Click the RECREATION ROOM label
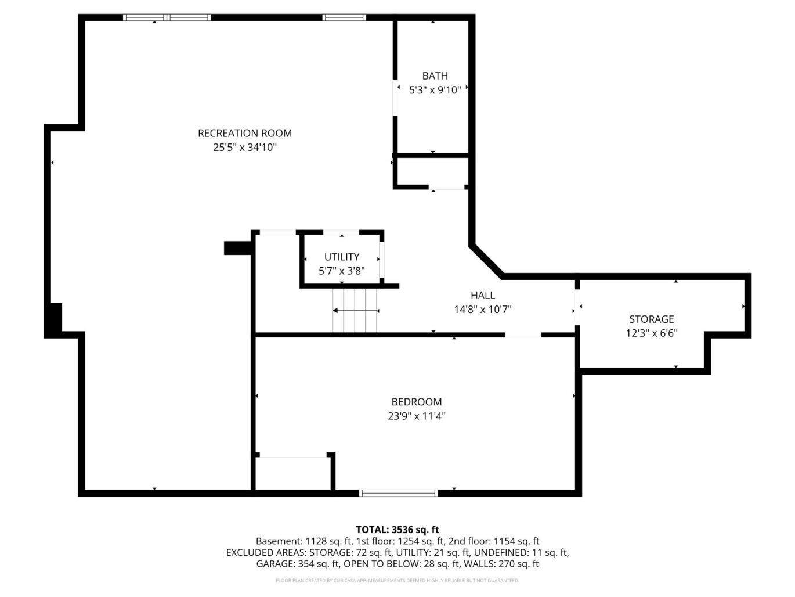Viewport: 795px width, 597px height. tap(244, 133)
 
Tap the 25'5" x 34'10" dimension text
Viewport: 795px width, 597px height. tap(244, 148)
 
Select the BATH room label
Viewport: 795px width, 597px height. tap(435, 76)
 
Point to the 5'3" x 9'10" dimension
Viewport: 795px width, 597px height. tap(435, 90)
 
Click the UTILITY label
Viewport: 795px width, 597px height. tap(342, 257)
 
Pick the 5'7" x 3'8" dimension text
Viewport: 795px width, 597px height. tap(342, 271)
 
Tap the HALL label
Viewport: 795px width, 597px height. tap(482, 296)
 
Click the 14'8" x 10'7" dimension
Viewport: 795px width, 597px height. tap(482, 310)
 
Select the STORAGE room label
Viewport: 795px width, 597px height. tap(651, 319)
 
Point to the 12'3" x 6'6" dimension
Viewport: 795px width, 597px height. tap(651, 333)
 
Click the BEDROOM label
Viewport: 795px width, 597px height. tap(416, 402)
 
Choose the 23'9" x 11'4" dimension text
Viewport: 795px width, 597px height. tap(416, 416)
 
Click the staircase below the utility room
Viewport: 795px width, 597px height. tap(355, 311)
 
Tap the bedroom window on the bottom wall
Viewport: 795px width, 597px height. tap(398, 493)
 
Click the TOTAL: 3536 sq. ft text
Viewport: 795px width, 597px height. tap(397, 530)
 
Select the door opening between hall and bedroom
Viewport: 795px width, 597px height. tap(523, 335)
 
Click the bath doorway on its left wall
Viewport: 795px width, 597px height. tap(395, 98)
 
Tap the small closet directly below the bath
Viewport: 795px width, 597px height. tap(432, 172)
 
